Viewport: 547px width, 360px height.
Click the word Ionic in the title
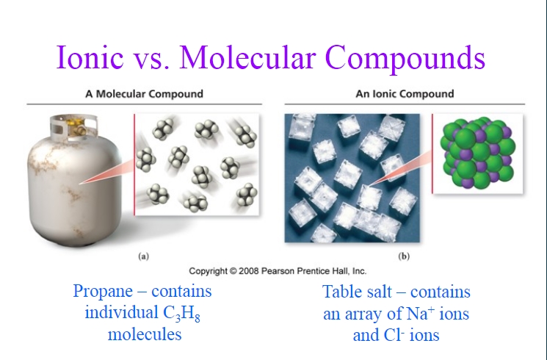(90, 57)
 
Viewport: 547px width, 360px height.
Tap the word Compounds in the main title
(405, 59)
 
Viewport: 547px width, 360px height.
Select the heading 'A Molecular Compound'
(144, 94)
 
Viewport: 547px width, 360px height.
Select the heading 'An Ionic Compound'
(405, 94)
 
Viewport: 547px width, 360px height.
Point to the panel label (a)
(143, 256)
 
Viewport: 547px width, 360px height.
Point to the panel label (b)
(404, 256)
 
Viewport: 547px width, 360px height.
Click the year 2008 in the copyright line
(248, 271)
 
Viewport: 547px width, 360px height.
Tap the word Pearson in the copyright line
(276, 271)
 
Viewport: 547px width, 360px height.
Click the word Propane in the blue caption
(103, 292)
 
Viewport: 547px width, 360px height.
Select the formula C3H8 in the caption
(181, 313)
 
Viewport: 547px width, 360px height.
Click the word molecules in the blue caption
(145, 334)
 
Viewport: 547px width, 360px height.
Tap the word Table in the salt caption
(341, 292)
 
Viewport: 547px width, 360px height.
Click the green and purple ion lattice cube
(478, 153)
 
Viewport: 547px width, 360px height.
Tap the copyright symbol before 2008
(233, 271)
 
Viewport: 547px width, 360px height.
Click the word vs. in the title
(151, 60)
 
